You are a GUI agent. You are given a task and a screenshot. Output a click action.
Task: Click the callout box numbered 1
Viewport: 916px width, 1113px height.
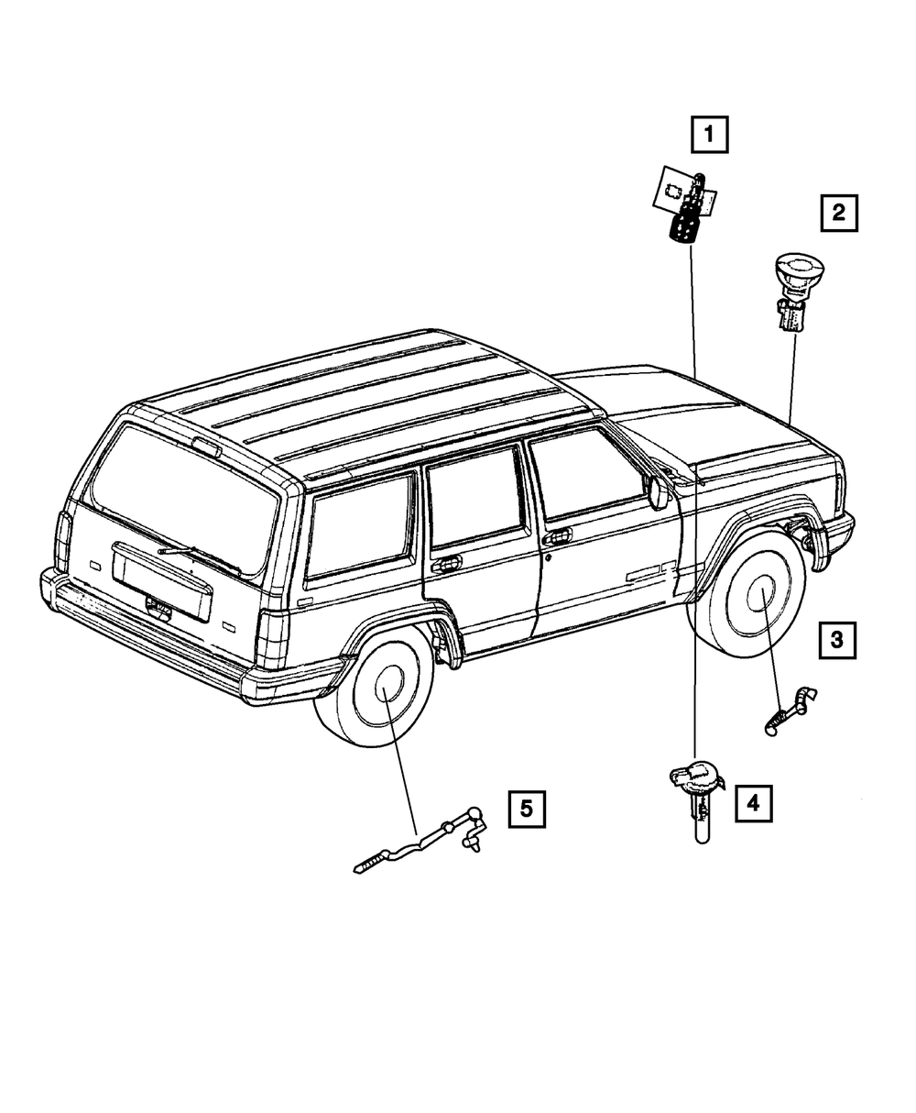click(709, 137)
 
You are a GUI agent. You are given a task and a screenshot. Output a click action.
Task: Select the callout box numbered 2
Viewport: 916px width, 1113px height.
click(838, 215)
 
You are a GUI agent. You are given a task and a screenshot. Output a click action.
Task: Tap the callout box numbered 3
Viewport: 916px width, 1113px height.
click(837, 640)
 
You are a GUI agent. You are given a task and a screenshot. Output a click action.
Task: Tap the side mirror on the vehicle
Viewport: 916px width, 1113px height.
click(658, 491)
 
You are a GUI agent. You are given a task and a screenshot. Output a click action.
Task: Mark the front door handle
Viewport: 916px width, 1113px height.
click(558, 535)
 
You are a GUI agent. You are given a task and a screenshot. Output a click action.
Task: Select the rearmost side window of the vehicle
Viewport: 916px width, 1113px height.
click(358, 527)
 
